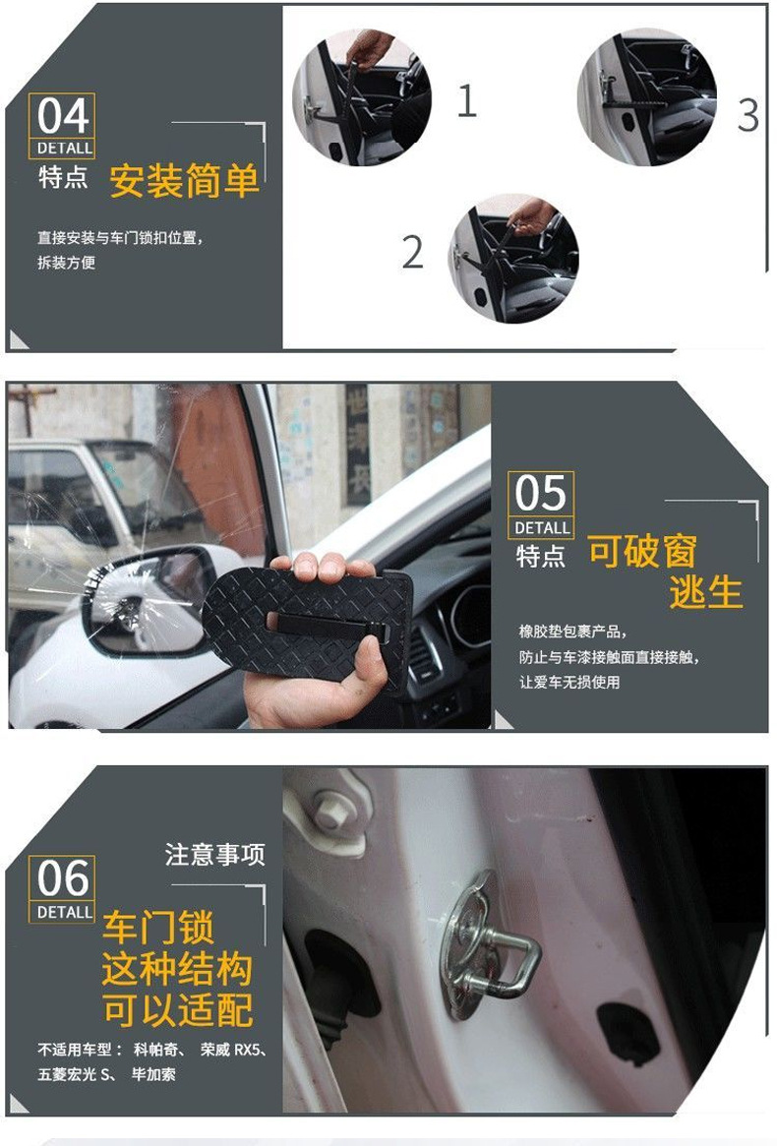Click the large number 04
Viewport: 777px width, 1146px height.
[x=63, y=115]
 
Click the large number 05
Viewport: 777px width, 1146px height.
[x=540, y=493]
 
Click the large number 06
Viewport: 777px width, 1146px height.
[x=63, y=877]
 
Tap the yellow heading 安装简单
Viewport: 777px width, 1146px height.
[x=184, y=181]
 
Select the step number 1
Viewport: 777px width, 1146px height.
[x=466, y=100]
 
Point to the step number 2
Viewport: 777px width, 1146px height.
[x=413, y=252]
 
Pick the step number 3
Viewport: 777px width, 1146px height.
[x=747, y=115]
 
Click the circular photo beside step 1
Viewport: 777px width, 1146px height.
[x=362, y=97]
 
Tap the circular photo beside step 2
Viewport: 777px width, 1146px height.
[x=513, y=259]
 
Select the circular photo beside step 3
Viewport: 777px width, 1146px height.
[x=647, y=97]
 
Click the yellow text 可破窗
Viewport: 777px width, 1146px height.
[x=642, y=551]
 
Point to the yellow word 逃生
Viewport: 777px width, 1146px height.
[x=706, y=591]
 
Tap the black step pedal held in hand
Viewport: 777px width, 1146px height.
[x=307, y=625]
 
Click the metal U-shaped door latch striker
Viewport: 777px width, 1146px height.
[x=491, y=943]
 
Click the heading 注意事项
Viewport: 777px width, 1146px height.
[x=214, y=854]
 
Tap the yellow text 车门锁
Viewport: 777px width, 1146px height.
[x=158, y=928]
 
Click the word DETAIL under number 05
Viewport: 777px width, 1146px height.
[x=542, y=527]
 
